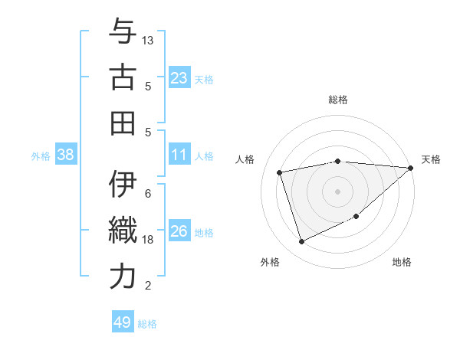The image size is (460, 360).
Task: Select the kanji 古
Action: point(123,79)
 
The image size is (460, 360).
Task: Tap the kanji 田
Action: point(123,123)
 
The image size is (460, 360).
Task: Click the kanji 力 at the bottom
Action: point(123,277)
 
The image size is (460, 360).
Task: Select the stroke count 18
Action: point(148,240)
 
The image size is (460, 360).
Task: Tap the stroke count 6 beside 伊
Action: point(147,193)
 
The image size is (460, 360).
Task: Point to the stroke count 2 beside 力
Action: point(147,286)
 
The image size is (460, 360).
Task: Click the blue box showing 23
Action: point(179,77)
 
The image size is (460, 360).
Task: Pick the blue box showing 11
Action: point(179,155)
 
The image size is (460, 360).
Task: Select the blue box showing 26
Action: point(179,232)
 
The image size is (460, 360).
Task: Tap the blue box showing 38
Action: point(65,155)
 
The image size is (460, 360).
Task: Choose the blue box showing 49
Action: point(123,322)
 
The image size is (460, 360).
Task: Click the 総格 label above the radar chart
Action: point(338,100)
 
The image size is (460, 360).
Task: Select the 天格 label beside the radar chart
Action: point(431,159)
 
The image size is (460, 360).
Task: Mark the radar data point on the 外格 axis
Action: point(301,243)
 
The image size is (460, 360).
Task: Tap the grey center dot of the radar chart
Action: point(337,191)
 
